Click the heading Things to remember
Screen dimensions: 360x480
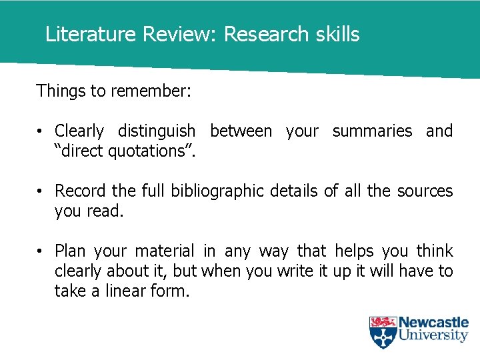[x=113, y=91]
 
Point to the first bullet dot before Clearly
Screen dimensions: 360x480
[x=41, y=131]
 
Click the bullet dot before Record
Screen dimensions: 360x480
[x=41, y=191]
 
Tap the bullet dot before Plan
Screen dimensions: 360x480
[x=41, y=251]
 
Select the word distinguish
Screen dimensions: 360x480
[x=157, y=131]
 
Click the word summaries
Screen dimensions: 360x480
[x=372, y=131]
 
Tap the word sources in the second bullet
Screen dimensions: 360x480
[x=425, y=191]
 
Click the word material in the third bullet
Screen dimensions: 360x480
[x=165, y=251]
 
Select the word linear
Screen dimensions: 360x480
[x=127, y=291]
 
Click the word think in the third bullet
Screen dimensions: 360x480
[x=435, y=251]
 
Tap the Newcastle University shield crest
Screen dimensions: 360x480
[x=383, y=332]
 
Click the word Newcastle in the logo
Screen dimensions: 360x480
[x=433, y=323]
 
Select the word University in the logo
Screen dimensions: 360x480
[x=433, y=335]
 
